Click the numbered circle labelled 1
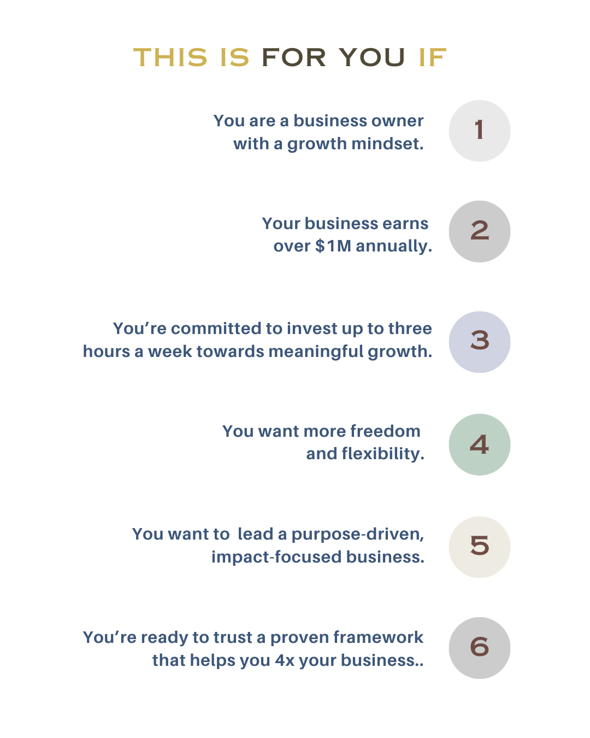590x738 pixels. [x=479, y=131]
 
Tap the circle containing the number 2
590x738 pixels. [x=479, y=231]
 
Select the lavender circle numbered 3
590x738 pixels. [x=479, y=342]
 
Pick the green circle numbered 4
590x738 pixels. [x=479, y=444]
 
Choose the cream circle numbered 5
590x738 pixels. [x=479, y=547]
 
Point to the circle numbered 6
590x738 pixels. [x=479, y=648]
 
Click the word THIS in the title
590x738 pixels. [x=170, y=57]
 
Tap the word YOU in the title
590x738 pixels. [x=371, y=57]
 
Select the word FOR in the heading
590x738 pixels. [x=294, y=57]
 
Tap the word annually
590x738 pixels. [x=394, y=247]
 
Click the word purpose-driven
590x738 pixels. [x=358, y=534]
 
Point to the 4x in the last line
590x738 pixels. [x=284, y=660]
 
